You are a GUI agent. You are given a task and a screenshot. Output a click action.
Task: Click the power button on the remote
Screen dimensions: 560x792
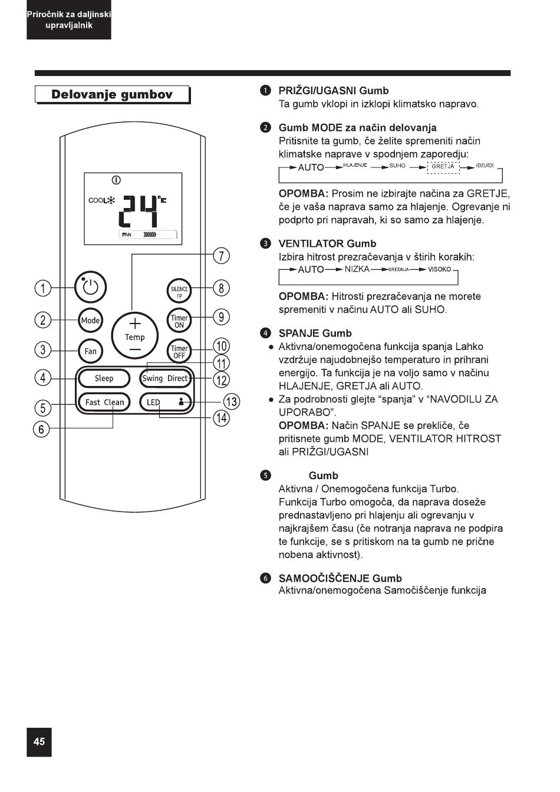click(91, 287)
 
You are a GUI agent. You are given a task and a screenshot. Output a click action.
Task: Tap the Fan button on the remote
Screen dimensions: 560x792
click(91, 351)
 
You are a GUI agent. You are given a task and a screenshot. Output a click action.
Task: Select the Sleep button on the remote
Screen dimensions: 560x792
click(104, 378)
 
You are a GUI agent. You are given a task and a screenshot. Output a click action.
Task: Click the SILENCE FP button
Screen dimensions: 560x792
click(179, 291)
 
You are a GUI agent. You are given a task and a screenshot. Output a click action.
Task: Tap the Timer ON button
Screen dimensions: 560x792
click(179, 321)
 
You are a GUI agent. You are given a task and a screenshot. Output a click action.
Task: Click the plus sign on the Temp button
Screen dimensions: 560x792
click(135, 323)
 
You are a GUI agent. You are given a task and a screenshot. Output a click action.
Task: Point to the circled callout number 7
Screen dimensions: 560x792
click(222, 256)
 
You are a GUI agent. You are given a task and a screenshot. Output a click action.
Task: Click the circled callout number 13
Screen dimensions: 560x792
click(232, 402)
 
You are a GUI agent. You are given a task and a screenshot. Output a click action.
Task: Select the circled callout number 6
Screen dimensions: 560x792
click(41, 429)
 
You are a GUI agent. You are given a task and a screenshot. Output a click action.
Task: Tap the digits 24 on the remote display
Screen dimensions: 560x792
click(138, 211)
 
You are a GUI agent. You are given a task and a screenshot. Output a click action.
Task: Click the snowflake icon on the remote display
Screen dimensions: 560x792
click(111, 200)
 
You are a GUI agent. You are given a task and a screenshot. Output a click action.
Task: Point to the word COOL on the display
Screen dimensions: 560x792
click(98, 200)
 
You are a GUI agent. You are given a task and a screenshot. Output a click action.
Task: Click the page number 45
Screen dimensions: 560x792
click(39, 741)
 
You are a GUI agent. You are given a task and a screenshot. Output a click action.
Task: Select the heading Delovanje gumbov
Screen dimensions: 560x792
click(112, 94)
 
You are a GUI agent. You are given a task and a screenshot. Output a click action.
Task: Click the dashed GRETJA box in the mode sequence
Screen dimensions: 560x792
click(443, 167)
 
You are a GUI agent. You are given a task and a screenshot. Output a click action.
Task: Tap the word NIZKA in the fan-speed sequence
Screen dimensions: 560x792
click(357, 269)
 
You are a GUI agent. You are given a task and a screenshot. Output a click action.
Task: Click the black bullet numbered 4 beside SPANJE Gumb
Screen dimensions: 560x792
click(265, 333)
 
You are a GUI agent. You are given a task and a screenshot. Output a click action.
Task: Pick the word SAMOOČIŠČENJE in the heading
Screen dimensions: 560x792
click(324, 578)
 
